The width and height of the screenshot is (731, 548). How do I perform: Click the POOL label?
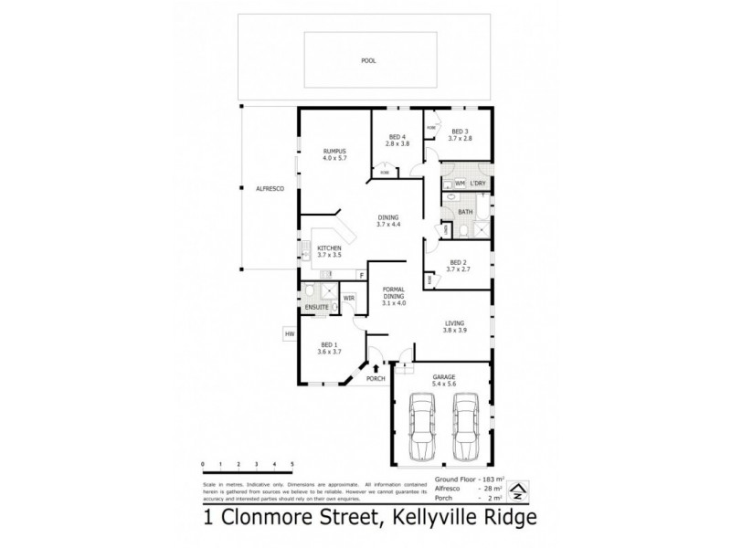coord(368,61)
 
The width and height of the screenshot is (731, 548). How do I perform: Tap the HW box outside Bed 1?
coord(290,334)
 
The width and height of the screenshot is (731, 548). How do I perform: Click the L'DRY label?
coord(480,184)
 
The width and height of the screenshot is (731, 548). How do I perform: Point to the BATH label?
coord(465,212)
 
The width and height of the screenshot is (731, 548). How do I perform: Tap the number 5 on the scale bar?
coord(291,466)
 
